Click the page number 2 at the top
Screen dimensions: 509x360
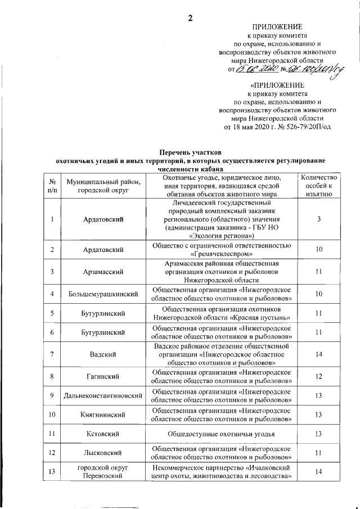tap(190, 18)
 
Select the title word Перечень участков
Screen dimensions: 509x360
tap(191, 152)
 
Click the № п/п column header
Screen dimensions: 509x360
tap(52, 186)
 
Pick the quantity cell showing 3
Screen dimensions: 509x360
tap(319, 219)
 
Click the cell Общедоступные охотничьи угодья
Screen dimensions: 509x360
tap(221, 434)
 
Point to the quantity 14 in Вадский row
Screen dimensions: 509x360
tap(319, 354)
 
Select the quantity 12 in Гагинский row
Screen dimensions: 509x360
tap(319, 376)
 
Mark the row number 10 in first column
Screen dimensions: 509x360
tap(52, 415)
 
